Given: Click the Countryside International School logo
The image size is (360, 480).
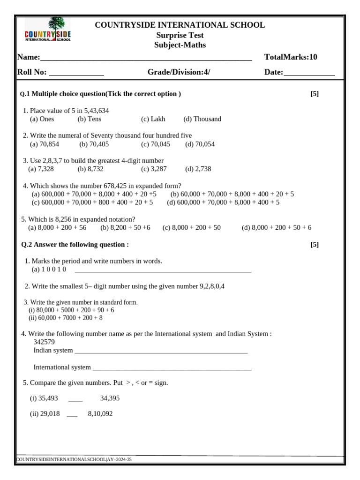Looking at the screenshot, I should [x=47, y=30].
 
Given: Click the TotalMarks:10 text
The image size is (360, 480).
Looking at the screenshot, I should [x=291, y=57].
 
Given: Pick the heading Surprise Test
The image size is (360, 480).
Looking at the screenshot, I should [x=180, y=35].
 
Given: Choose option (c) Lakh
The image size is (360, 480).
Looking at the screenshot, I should [x=153, y=119].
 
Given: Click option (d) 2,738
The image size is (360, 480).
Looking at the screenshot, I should [x=198, y=169].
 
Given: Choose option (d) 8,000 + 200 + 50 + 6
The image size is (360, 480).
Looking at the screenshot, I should [x=277, y=228].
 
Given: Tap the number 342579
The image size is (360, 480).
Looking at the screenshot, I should [x=44, y=342].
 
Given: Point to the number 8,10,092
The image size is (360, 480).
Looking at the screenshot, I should [x=100, y=414].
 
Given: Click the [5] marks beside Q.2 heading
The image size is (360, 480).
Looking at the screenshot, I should [x=315, y=245].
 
